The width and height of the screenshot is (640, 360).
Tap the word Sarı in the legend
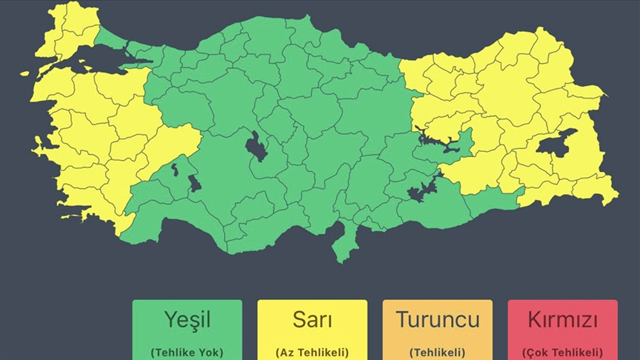click(312, 320)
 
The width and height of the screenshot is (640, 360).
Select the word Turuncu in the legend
click(437, 320)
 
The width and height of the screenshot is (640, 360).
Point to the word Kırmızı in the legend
click(562, 320)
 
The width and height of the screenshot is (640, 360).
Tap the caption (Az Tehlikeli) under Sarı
click(312, 352)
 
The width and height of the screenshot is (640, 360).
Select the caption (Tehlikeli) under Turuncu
click(437, 352)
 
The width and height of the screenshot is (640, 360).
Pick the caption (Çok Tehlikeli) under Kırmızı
click(562, 352)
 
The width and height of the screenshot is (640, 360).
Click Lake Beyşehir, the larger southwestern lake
click(194, 182)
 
